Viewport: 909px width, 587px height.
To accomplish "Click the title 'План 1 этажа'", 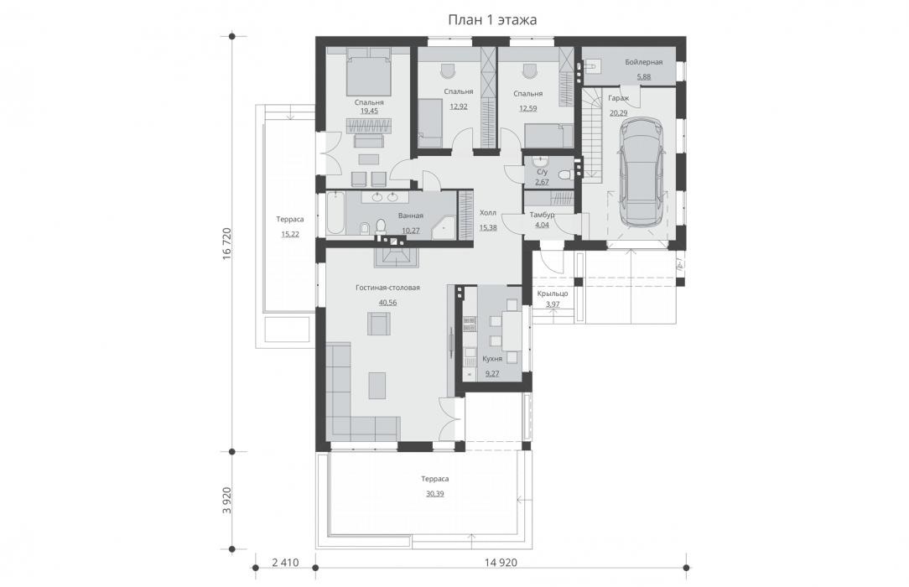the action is tap(492, 19).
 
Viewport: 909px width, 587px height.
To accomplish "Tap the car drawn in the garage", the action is tap(641, 172).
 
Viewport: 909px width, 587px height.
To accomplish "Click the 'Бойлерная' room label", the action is tap(643, 62).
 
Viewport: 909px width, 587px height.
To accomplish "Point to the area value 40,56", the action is tap(387, 303).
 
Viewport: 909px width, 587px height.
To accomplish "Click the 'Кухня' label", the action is tap(492, 359).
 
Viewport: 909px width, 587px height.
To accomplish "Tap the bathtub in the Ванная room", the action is tap(335, 214).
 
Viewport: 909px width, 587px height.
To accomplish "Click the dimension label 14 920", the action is tap(501, 563).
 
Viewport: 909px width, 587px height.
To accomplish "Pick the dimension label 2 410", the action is tap(285, 563).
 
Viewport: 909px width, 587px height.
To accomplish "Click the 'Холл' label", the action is tap(488, 213).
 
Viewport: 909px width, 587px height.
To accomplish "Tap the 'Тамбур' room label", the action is tap(542, 215).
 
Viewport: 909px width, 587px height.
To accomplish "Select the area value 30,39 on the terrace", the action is tap(434, 494).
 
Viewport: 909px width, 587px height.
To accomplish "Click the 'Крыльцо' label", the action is tap(553, 293).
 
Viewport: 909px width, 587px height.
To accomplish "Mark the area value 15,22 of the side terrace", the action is tap(290, 234).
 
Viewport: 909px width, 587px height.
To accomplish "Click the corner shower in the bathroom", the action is tap(446, 224).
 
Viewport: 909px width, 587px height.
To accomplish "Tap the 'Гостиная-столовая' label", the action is tap(387, 288).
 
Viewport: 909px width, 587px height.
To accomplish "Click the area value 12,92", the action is tap(459, 106).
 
